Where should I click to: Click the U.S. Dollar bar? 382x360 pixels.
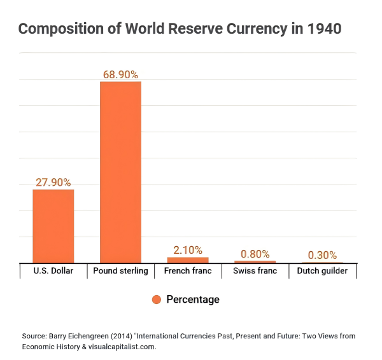53,226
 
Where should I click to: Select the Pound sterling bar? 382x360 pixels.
120,172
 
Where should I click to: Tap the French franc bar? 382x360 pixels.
188,260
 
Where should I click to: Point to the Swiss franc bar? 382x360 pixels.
255,261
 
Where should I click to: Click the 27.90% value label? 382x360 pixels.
53,182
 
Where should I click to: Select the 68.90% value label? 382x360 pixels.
120,74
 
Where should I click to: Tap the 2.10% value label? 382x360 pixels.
188,250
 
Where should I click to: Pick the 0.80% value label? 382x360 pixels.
255,254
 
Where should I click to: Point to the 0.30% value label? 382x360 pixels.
322,256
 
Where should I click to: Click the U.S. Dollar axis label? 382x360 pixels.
53,271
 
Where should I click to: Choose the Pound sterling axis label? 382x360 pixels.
120,271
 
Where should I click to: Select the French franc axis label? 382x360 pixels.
188,271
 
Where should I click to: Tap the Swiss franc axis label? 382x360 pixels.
255,271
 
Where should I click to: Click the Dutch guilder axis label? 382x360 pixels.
322,271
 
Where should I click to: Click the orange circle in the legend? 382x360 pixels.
156,300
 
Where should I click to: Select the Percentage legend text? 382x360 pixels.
192,300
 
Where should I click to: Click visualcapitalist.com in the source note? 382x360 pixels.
121,347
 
